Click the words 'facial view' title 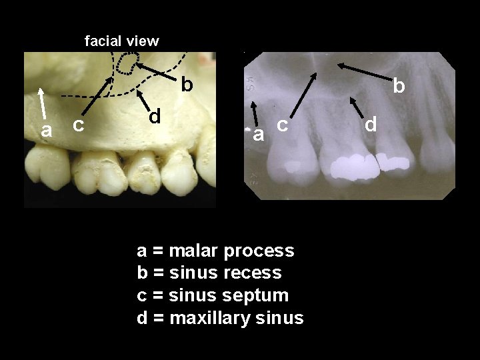[122, 41]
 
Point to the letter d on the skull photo [155, 116]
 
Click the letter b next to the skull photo [187, 85]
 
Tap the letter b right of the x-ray [399, 86]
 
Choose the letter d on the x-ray [371, 123]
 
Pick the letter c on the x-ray [283, 124]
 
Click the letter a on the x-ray [257, 135]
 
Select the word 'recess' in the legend [257, 273]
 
